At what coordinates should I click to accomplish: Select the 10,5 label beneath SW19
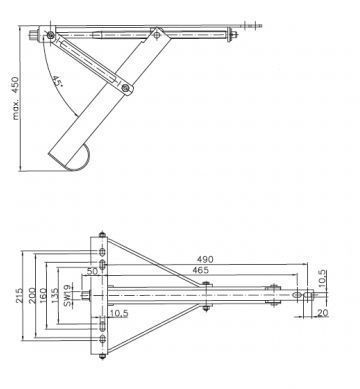[117, 313]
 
